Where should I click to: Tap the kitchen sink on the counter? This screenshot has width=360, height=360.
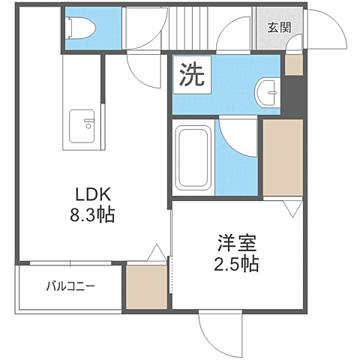click(82, 125)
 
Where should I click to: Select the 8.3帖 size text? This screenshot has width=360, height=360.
click(91, 215)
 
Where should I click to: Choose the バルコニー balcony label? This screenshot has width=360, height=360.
click(70, 286)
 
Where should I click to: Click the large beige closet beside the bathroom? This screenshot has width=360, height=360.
click(281, 157)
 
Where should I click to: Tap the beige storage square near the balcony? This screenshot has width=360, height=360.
click(146, 286)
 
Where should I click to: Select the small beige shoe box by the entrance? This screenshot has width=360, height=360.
click(292, 65)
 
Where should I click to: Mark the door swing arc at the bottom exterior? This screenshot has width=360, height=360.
click(222, 331)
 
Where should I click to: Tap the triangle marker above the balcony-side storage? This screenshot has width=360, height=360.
click(156, 253)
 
